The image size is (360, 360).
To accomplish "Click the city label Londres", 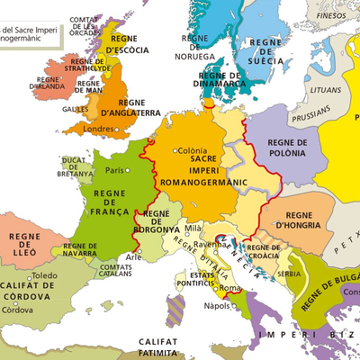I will [98, 129].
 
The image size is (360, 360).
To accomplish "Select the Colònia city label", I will [192, 151].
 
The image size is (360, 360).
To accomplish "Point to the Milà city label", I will [193, 229].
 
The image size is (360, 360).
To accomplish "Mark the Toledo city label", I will [44, 275].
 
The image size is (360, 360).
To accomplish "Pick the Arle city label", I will [134, 256].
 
